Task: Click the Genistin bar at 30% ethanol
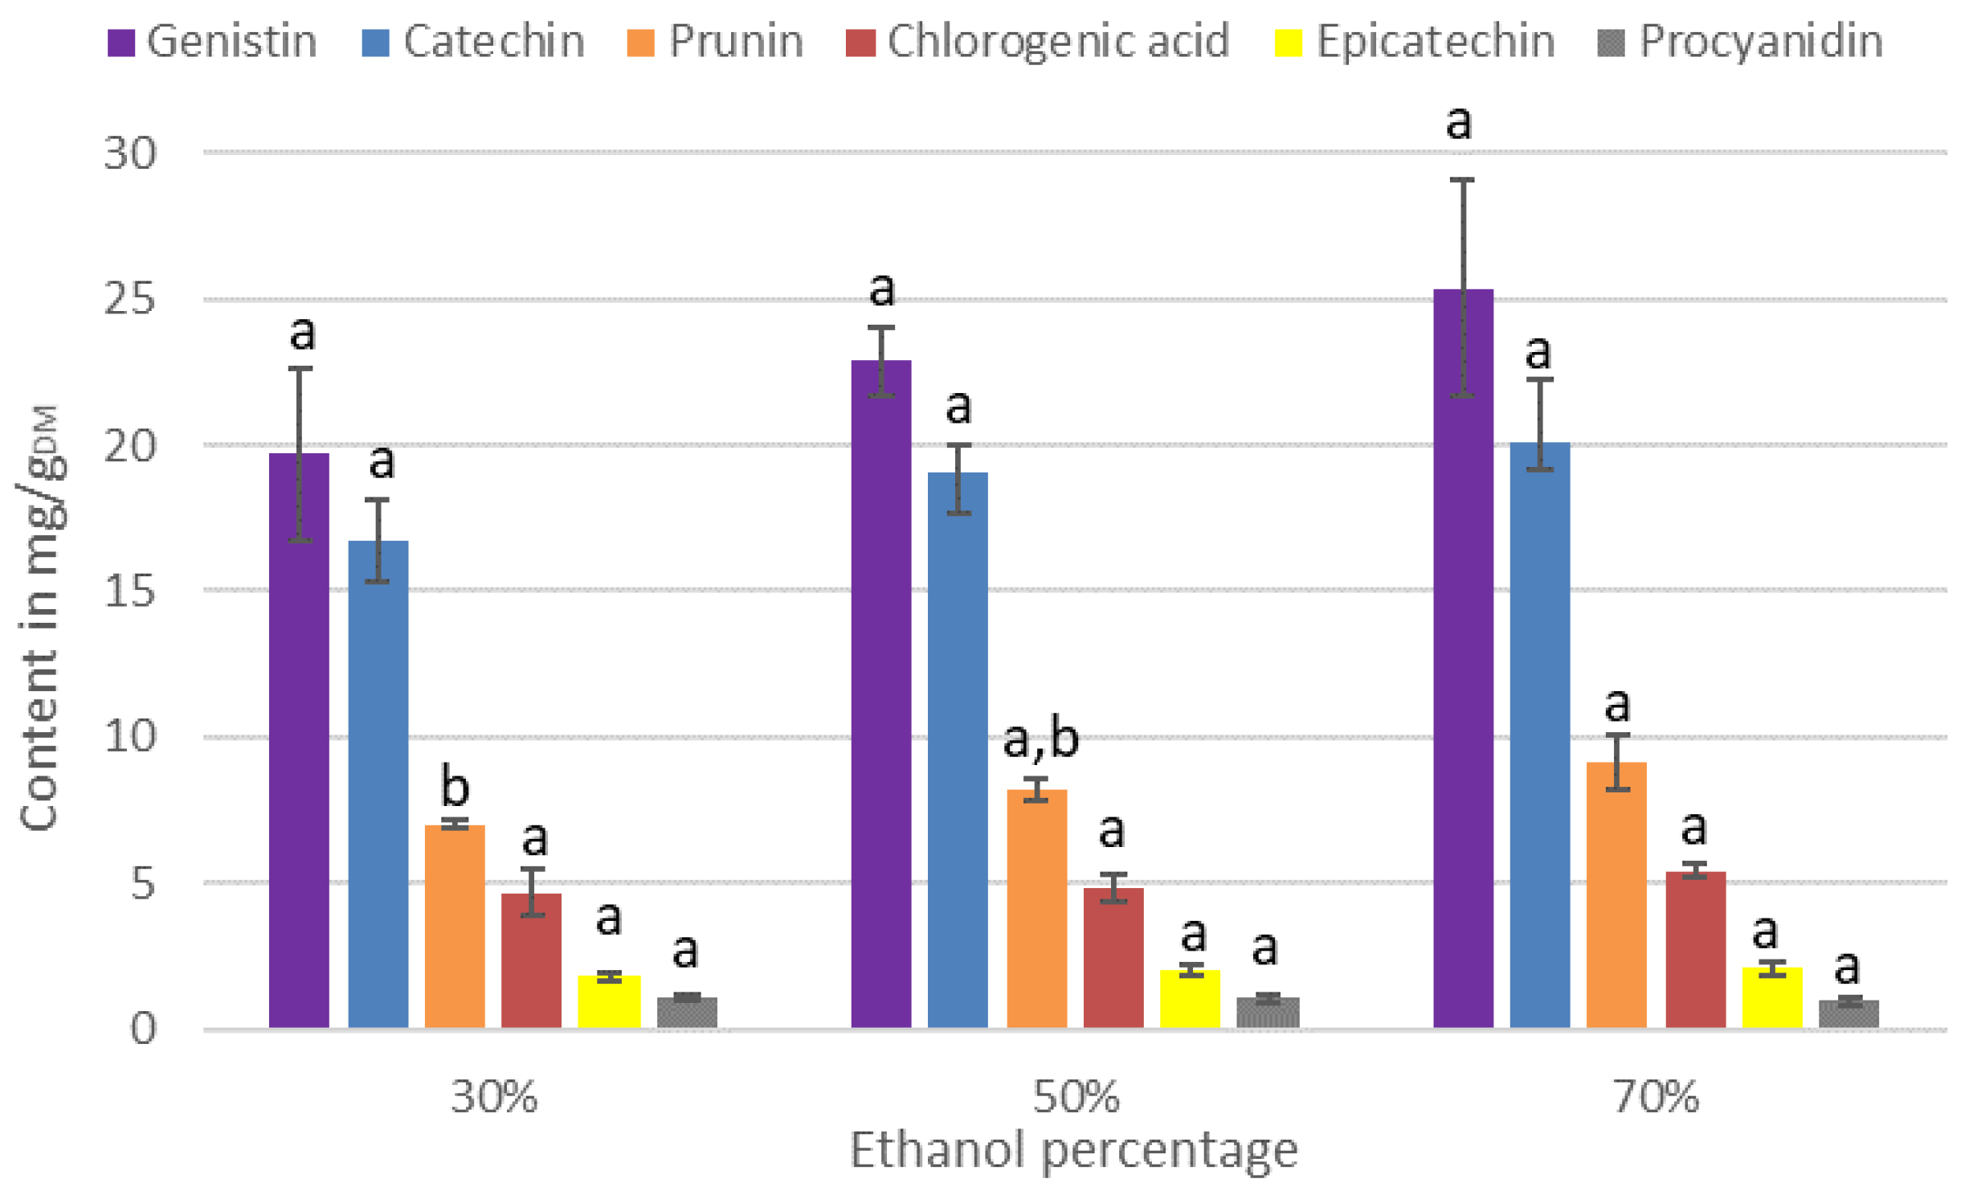pos(299,739)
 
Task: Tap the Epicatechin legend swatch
pos(1289,43)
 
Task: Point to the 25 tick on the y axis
pos(129,300)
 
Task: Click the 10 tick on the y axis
pos(129,736)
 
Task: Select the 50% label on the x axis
pos(1075,1096)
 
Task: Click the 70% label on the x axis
pos(1656,1096)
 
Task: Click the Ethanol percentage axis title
pos(1073,1151)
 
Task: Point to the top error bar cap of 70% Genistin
pos(1462,180)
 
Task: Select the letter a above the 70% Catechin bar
pos(1538,352)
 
